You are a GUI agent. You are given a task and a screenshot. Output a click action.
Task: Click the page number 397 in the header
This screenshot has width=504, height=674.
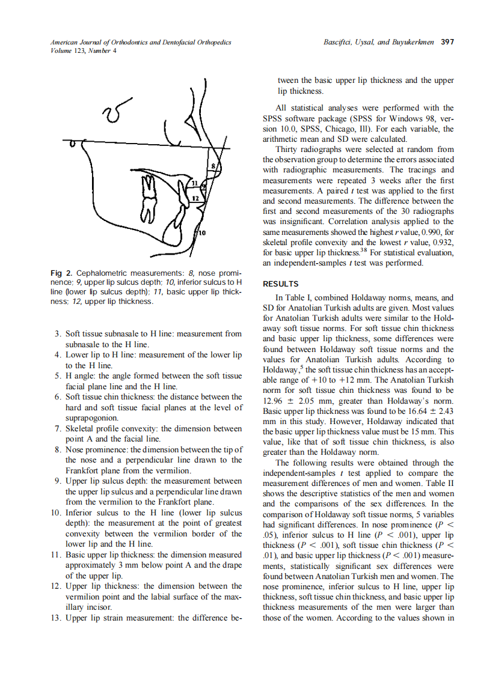[x=447, y=43]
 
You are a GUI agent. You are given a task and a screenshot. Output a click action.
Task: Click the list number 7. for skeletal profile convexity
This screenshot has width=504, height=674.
[x=57, y=428]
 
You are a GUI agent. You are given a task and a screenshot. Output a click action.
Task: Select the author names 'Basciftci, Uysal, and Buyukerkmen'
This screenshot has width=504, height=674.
[x=379, y=43]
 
